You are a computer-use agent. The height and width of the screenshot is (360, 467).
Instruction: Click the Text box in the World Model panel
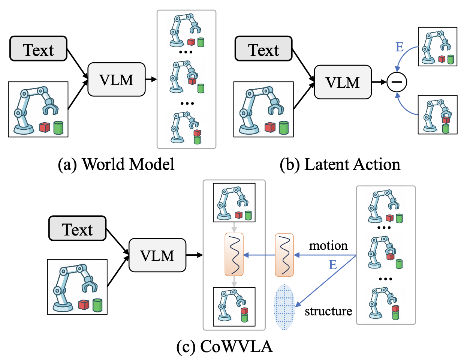(x=38, y=49)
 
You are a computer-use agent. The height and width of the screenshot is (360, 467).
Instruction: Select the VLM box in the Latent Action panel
(x=343, y=82)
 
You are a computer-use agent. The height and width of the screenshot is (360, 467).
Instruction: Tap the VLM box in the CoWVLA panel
(x=157, y=255)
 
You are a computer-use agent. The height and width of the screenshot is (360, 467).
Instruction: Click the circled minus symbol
(x=397, y=82)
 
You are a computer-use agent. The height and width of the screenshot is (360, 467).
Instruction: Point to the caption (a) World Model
(x=116, y=164)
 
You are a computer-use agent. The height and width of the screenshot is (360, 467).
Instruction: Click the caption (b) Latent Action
(x=340, y=164)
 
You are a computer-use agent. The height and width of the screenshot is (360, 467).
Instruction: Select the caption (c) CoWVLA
(x=225, y=346)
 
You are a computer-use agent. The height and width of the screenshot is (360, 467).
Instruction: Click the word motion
(x=328, y=246)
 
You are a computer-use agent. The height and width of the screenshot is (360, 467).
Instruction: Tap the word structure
(x=328, y=311)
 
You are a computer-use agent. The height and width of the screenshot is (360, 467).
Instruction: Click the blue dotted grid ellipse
(x=284, y=307)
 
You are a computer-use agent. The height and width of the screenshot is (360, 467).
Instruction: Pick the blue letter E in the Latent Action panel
(x=400, y=47)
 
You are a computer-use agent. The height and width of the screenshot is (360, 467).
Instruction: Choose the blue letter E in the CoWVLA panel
(x=333, y=265)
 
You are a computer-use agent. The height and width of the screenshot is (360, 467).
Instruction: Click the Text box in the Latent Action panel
(x=263, y=49)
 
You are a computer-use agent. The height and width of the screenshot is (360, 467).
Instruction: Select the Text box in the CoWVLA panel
(x=77, y=228)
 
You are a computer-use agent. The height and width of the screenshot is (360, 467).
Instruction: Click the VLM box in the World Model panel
(x=116, y=79)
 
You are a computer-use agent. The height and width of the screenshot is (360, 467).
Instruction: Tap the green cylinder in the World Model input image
(x=58, y=127)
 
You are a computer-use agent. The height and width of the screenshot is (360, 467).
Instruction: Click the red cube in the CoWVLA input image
(x=84, y=304)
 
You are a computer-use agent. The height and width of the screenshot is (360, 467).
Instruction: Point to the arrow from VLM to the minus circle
(x=379, y=82)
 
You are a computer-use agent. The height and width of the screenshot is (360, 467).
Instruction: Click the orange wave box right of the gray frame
(x=284, y=255)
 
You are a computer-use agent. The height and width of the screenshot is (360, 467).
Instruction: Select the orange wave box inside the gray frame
(x=234, y=254)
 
